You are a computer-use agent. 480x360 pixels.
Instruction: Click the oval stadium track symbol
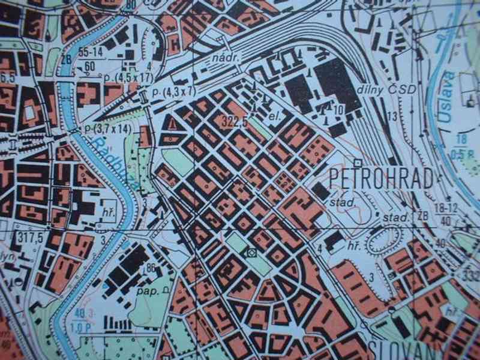point(384,240)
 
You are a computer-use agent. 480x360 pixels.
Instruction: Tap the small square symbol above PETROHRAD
point(358,163)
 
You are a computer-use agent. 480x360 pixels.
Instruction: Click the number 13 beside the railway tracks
point(393,116)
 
